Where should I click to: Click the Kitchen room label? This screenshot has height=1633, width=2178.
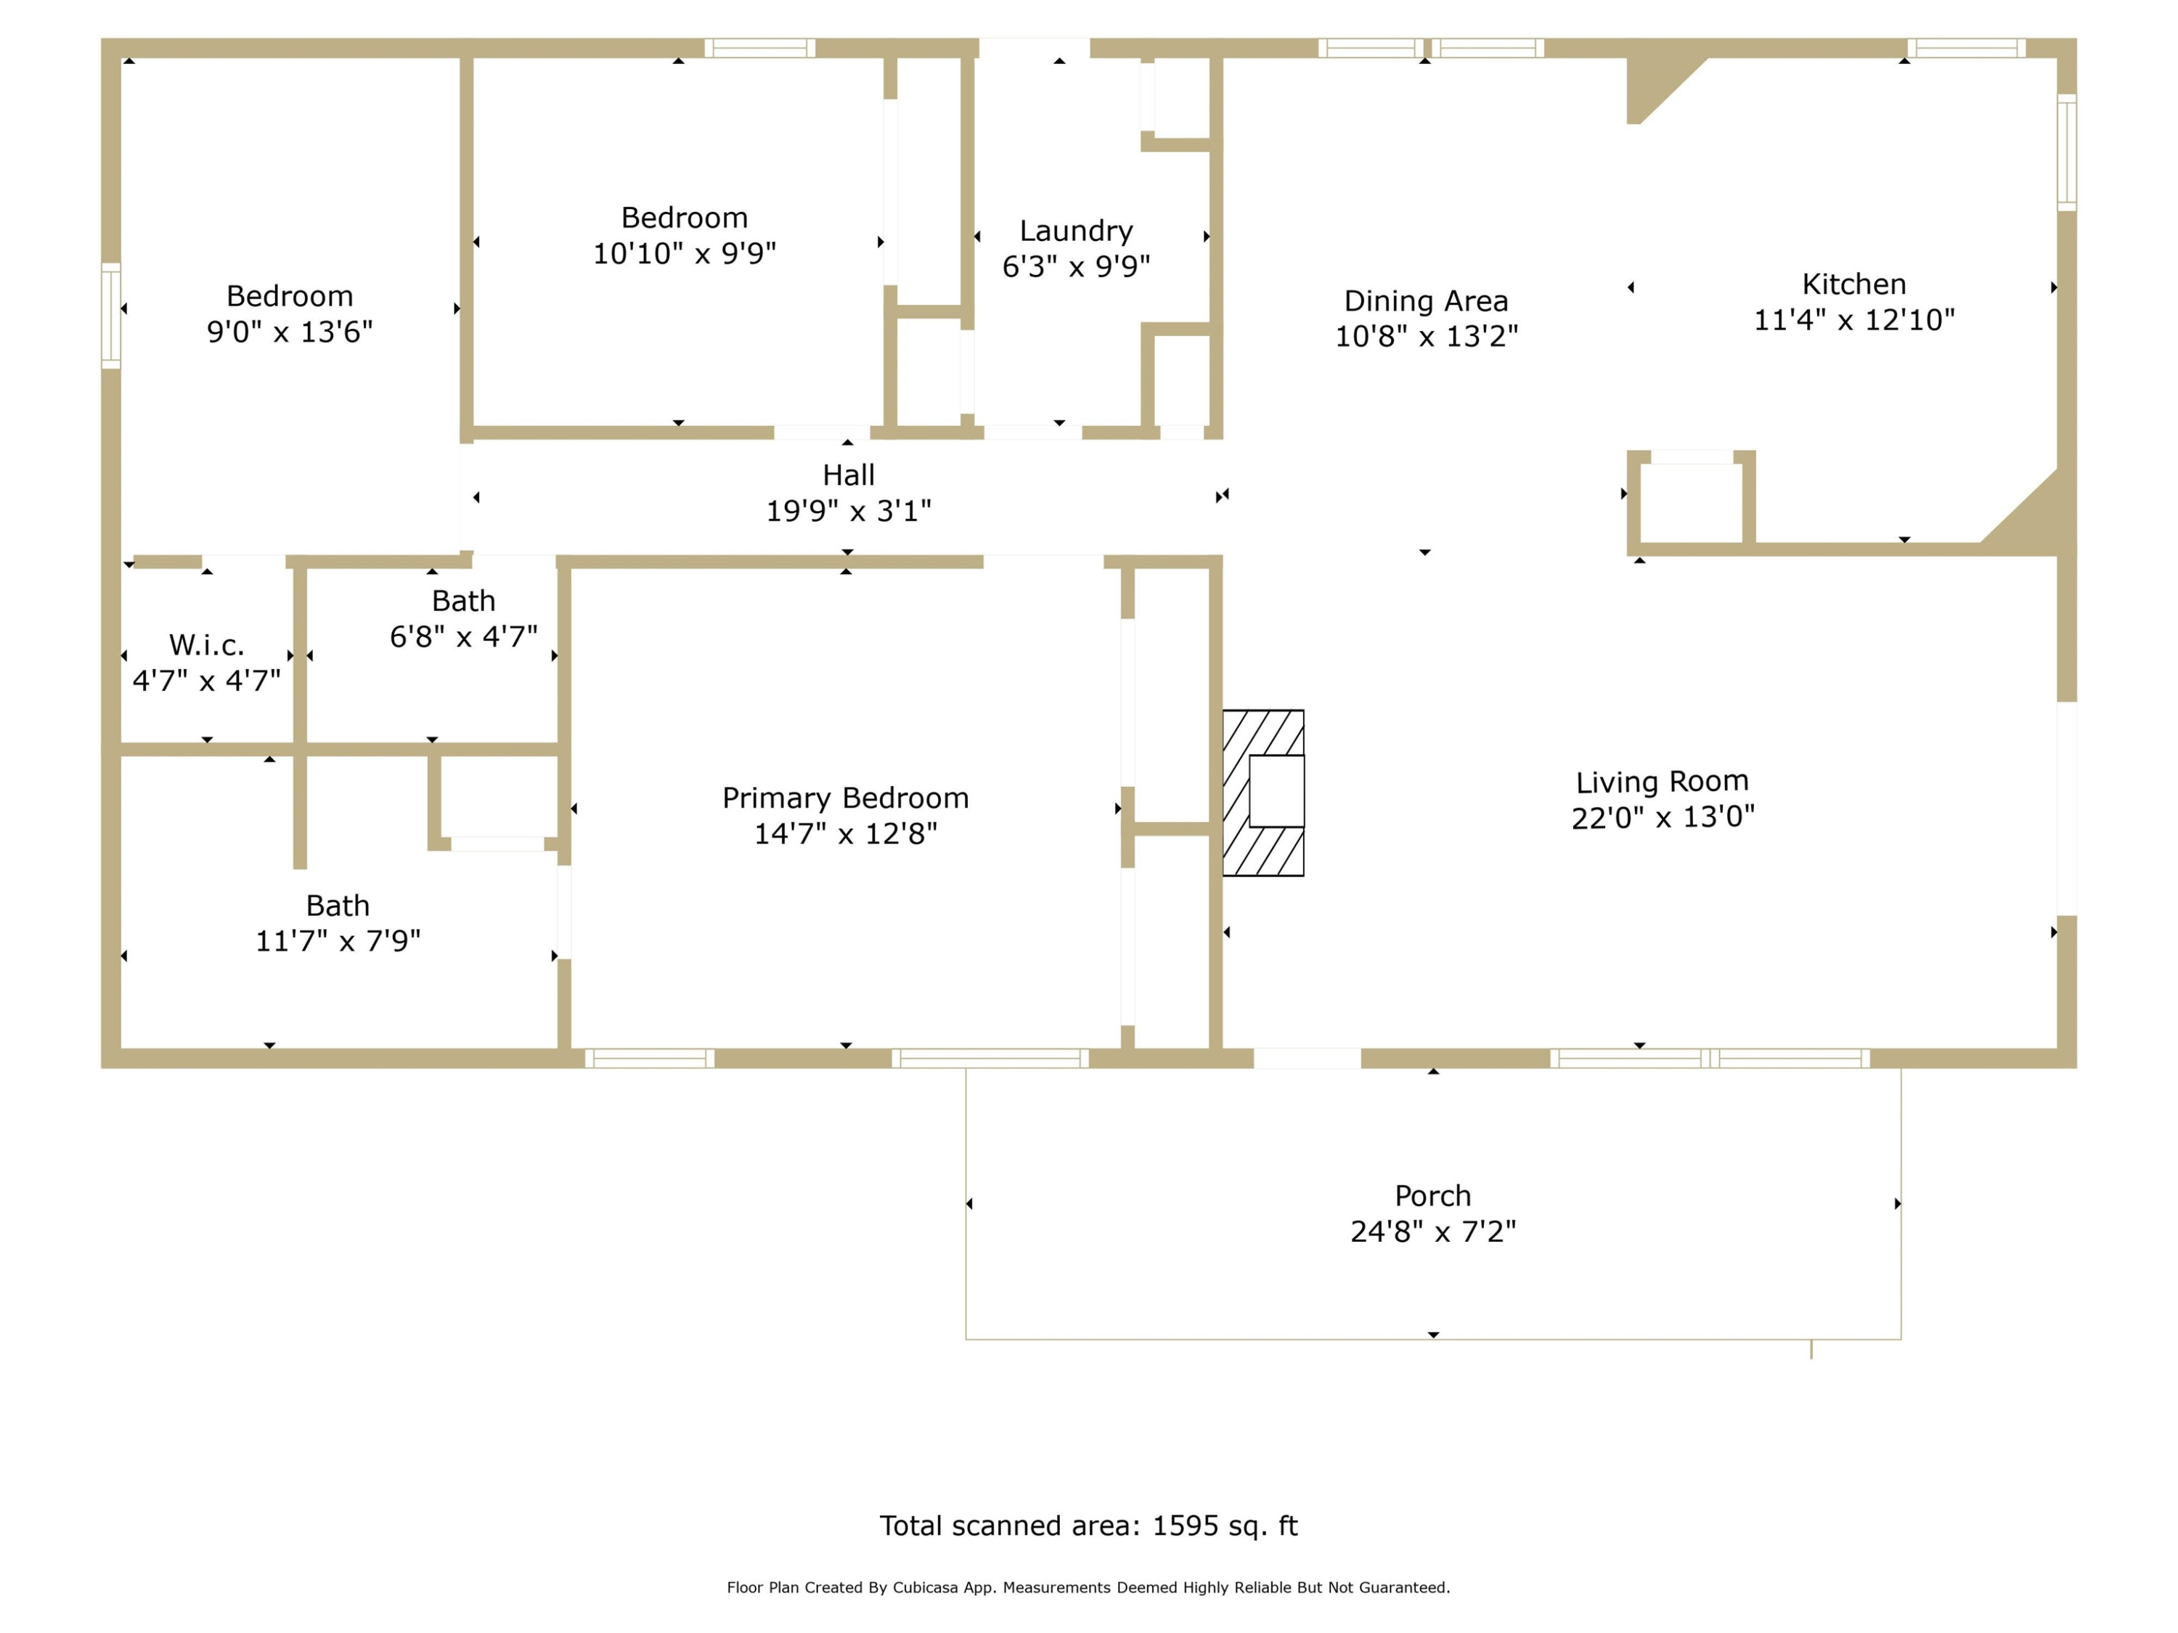1854,285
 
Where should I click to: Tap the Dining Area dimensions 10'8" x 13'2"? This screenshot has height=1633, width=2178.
1426,337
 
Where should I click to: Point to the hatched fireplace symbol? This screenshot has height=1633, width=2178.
1263,793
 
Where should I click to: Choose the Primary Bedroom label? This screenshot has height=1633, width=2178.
846,798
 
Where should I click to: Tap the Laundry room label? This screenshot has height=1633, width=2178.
1076,232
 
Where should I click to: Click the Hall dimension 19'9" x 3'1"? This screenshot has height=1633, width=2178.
849,511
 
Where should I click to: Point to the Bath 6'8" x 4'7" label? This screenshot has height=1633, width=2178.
464,619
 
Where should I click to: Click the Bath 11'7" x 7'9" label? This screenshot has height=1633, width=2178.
338,923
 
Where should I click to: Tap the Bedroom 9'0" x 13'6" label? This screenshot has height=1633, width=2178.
290,314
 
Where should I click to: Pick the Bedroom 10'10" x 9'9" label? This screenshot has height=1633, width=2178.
685,235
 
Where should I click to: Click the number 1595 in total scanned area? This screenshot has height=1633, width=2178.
1186,1526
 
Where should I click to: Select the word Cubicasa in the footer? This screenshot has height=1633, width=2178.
926,1588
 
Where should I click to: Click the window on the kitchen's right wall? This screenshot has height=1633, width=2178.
2067,152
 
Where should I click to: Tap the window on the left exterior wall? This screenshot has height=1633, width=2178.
111,316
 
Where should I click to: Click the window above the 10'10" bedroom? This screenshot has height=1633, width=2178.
760,48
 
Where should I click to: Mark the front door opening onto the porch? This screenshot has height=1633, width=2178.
1308,1058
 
